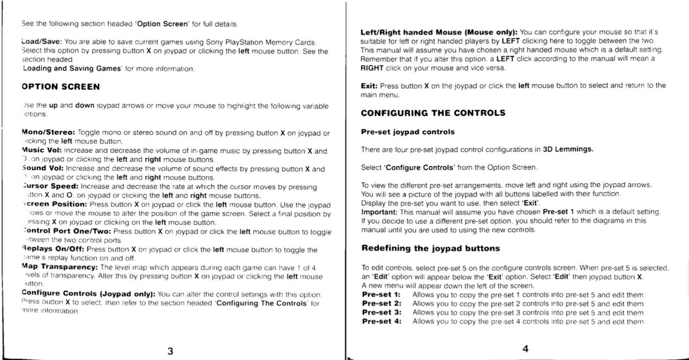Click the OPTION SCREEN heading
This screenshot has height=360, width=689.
(61, 87)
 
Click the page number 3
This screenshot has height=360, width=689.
(170, 350)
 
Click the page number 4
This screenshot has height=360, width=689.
(525, 349)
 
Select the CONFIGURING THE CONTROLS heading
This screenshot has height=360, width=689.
(433, 113)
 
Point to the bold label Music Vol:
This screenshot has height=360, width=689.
(42, 151)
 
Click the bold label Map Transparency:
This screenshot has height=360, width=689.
(60, 267)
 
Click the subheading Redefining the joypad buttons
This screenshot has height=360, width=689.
(430, 248)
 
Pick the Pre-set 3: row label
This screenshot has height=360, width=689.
(380, 312)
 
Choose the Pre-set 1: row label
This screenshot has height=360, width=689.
(380, 295)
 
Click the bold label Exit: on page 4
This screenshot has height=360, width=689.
(369, 86)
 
